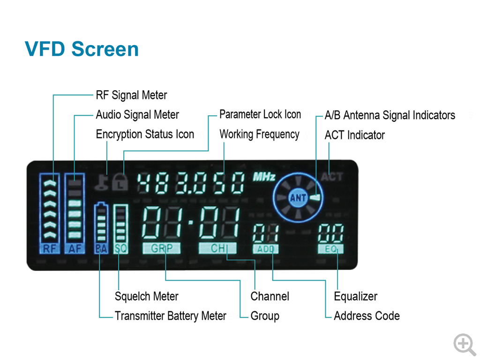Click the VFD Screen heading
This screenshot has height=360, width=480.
coord(82,49)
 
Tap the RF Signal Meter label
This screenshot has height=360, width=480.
coord(131,95)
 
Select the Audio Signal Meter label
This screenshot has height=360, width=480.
coord(137,115)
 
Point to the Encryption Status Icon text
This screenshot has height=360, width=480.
coord(145,135)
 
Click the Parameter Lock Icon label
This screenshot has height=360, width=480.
coord(260,114)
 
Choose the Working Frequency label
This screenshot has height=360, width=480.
coord(259,135)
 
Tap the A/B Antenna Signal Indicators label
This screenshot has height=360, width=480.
coord(390,115)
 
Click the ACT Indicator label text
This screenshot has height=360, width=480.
coord(354,135)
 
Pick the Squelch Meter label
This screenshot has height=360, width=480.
coord(146,296)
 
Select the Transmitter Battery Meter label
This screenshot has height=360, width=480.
coord(170,316)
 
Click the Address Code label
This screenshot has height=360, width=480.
coord(367,316)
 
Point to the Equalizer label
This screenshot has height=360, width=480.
coord(355,296)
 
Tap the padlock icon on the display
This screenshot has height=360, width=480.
coord(120,182)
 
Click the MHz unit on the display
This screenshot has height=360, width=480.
coord(264,177)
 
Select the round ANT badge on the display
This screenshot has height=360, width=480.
coord(298,198)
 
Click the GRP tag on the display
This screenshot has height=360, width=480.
coord(161,248)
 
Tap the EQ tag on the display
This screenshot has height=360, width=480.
coord(330,249)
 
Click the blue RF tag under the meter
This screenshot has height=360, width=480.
coord(50,249)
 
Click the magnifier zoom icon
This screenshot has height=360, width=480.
coord(464,344)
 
